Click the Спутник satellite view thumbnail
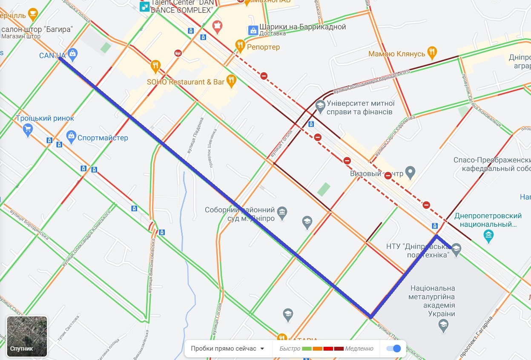click(27, 336)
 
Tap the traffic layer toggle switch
click(393, 348)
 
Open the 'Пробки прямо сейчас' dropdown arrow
click(262, 348)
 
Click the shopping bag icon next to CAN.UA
click(73, 54)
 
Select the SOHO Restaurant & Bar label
click(185, 81)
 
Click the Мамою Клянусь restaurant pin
click(432, 52)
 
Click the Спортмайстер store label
click(103, 138)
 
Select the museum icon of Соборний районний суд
click(282, 212)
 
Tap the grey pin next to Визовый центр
click(410, 172)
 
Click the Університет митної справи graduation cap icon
click(320, 105)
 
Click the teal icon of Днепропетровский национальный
click(488, 235)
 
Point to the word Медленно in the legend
click(359, 348)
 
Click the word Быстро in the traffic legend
click(290, 348)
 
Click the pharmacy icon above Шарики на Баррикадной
click(217, 26)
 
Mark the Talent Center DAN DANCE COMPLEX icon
click(145, 6)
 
